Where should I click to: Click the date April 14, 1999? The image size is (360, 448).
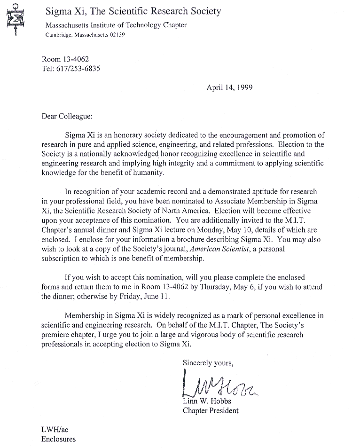click(x=229, y=87)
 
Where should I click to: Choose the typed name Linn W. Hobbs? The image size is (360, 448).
click(x=206, y=401)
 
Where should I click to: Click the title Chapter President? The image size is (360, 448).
click(x=210, y=410)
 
